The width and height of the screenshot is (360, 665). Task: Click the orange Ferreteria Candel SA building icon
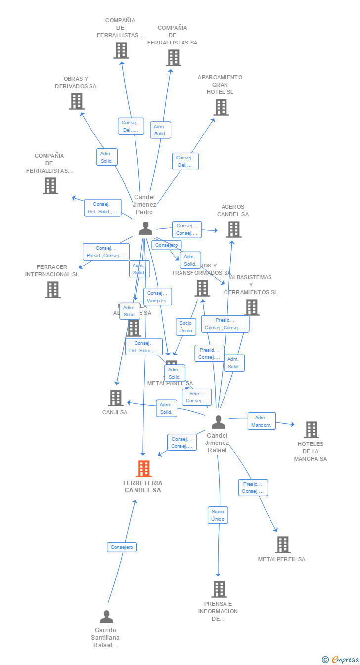tap(144, 468)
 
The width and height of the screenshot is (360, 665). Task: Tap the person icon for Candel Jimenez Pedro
tap(145, 228)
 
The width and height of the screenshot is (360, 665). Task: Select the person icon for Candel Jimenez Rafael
tap(218, 422)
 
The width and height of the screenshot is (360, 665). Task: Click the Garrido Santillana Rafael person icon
tap(106, 617)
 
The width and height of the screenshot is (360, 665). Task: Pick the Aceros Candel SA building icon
tap(234, 229)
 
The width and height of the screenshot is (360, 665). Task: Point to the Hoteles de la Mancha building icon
tap(311, 430)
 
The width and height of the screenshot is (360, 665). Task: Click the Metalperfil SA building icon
tap(283, 545)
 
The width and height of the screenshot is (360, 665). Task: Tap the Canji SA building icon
tap(116, 398)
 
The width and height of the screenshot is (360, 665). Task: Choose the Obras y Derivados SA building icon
tap(76, 101)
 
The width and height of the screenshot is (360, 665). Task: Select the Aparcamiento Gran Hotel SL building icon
tap(221, 107)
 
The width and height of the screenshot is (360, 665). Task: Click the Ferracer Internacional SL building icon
tap(53, 290)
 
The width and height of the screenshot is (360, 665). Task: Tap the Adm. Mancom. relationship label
tap(262, 421)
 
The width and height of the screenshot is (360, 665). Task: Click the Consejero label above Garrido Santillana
tap(122, 547)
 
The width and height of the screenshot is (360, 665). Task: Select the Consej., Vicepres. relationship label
tap(158, 297)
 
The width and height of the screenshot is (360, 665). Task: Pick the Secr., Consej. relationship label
tap(197, 397)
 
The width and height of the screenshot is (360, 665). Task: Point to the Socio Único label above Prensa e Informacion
tap(218, 515)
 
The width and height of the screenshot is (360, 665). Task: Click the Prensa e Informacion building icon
tap(219, 589)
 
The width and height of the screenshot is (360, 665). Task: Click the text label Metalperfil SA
tap(281, 559)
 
